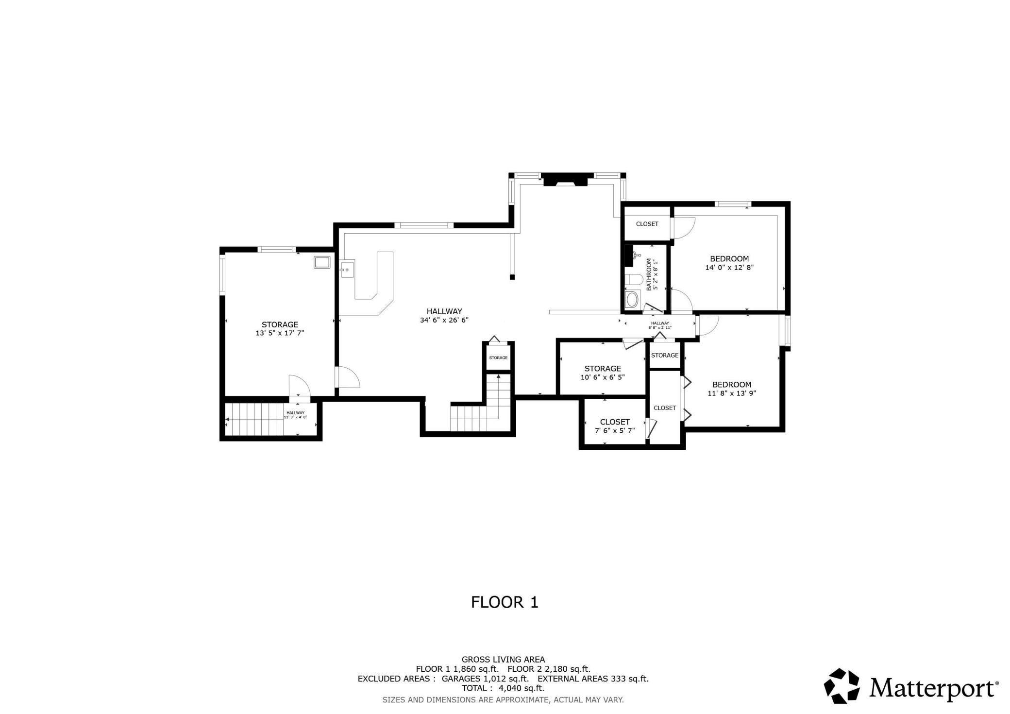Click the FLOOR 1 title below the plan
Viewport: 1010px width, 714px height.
[505, 602]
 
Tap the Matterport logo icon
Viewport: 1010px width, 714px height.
[842, 685]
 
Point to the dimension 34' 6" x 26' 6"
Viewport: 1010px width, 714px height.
[444, 320]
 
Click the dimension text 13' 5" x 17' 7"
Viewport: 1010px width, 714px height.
[280, 333]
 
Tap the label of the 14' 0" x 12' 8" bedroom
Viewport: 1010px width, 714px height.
[729, 259]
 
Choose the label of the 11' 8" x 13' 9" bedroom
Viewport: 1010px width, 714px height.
[732, 385]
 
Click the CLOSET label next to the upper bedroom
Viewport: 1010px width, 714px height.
[647, 224]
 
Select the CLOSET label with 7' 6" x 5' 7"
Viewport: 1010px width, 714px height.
[615, 422]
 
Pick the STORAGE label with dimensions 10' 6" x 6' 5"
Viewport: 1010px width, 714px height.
[603, 369]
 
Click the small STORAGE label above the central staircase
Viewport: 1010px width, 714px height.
[498, 358]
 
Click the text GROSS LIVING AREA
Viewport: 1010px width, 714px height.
[503, 660]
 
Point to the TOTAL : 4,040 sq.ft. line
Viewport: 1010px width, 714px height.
[503, 688]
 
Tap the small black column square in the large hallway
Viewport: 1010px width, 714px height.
[512, 277]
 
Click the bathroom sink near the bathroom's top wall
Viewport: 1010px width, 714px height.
[637, 255]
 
